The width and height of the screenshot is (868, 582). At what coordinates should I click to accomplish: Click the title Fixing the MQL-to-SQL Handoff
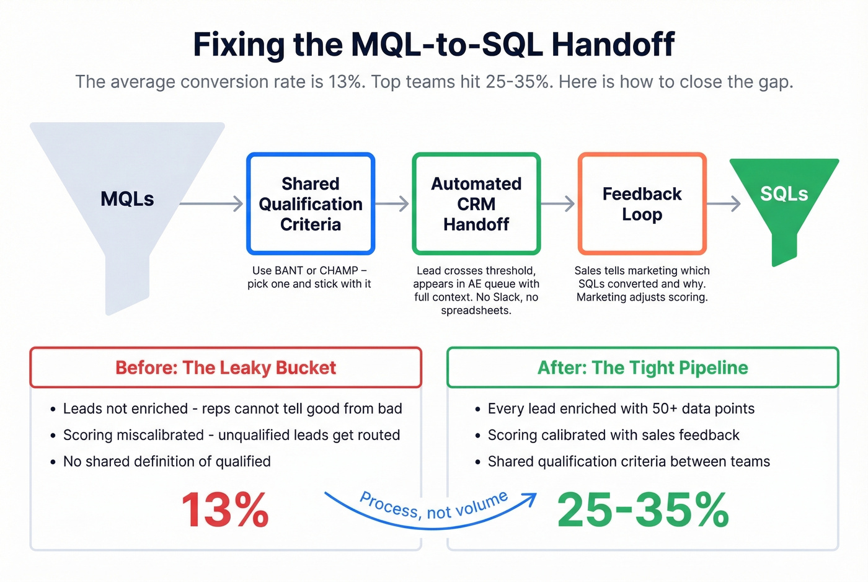(x=433, y=45)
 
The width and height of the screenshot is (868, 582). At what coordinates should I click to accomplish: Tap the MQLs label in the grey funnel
(x=127, y=199)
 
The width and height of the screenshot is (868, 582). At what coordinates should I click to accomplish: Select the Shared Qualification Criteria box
(x=311, y=204)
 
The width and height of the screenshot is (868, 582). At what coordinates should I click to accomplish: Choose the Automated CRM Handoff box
(x=476, y=204)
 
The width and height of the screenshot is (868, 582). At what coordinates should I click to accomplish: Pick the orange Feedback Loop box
(x=642, y=204)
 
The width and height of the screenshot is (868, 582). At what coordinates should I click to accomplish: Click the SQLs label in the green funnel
(x=784, y=194)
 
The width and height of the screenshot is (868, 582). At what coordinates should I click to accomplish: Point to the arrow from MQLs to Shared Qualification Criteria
(x=211, y=203)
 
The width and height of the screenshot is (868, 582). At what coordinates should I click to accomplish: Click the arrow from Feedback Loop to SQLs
(x=724, y=203)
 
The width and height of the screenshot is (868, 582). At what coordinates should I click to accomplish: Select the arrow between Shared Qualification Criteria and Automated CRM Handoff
(x=392, y=203)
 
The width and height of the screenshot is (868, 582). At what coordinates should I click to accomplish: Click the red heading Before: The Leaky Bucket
(x=226, y=368)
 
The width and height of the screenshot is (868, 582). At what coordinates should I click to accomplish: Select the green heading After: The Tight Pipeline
(x=642, y=368)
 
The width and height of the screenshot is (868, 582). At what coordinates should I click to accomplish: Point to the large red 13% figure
(x=225, y=511)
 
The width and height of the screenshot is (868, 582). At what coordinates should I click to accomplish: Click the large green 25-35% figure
(x=643, y=511)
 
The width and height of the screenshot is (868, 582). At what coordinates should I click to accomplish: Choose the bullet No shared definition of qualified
(x=167, y=461)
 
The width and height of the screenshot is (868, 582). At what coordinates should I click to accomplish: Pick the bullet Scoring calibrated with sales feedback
(x=613, y=435)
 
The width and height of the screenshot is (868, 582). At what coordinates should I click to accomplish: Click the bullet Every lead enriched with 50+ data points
(x=621, y=408)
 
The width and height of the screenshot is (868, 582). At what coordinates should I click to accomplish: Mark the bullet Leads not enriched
(x=232, y=408)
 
